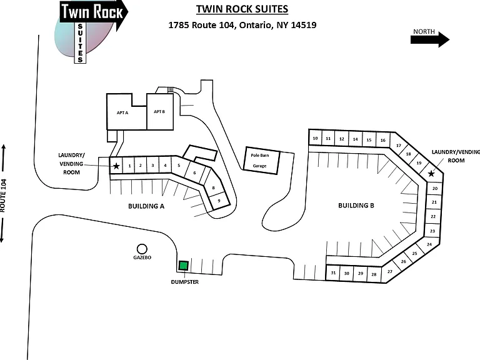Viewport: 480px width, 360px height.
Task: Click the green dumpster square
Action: pyautogui.click(x=183, y=266)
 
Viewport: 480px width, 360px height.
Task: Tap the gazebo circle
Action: pyautogui.click(x=142, y=249)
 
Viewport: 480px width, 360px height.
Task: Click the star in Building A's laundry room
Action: pyautogui.click(x=116, y=166)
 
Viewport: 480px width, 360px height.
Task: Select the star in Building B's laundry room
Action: pyautogui.click(x=431, y=174)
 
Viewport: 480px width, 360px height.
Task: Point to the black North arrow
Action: pyautogui.click(x=430, y=39)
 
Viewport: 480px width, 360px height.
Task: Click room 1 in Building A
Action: pyautogui.click(x=129, y=166)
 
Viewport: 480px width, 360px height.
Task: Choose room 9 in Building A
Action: pyautogui.click(x=219, y=201)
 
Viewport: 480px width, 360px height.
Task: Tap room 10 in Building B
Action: pyautogui.click(x=315, y=138)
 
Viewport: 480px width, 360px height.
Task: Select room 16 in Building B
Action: pyautogui.click(x=383, y=140)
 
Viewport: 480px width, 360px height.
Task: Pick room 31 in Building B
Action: pyautogui.click(x=333, y=272)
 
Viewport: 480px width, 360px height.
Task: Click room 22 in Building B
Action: pyautogui.click(x=433, y=216)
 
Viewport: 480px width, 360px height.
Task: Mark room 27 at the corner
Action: pyautogui.click(x=389, y=272)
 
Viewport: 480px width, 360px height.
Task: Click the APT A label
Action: pyautogui.click(x=122, y=112)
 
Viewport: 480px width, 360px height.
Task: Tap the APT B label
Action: pyautogui.click(x=159, y=111)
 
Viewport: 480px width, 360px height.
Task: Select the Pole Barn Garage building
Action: pyautogui.click(x=261, y=161)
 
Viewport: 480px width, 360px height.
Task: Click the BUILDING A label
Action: pyautogui.click(x=146, y=206)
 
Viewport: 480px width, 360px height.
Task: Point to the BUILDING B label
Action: pyautogui.click(x=356, y=206)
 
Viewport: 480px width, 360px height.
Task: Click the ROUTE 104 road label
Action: pyautogui.click(x=3, y=196)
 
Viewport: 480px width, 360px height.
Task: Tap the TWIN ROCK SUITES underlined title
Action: pyautogui.click(x=242, y=9)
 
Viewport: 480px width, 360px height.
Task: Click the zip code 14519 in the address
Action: pyautogui.click(x=303, y=25)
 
